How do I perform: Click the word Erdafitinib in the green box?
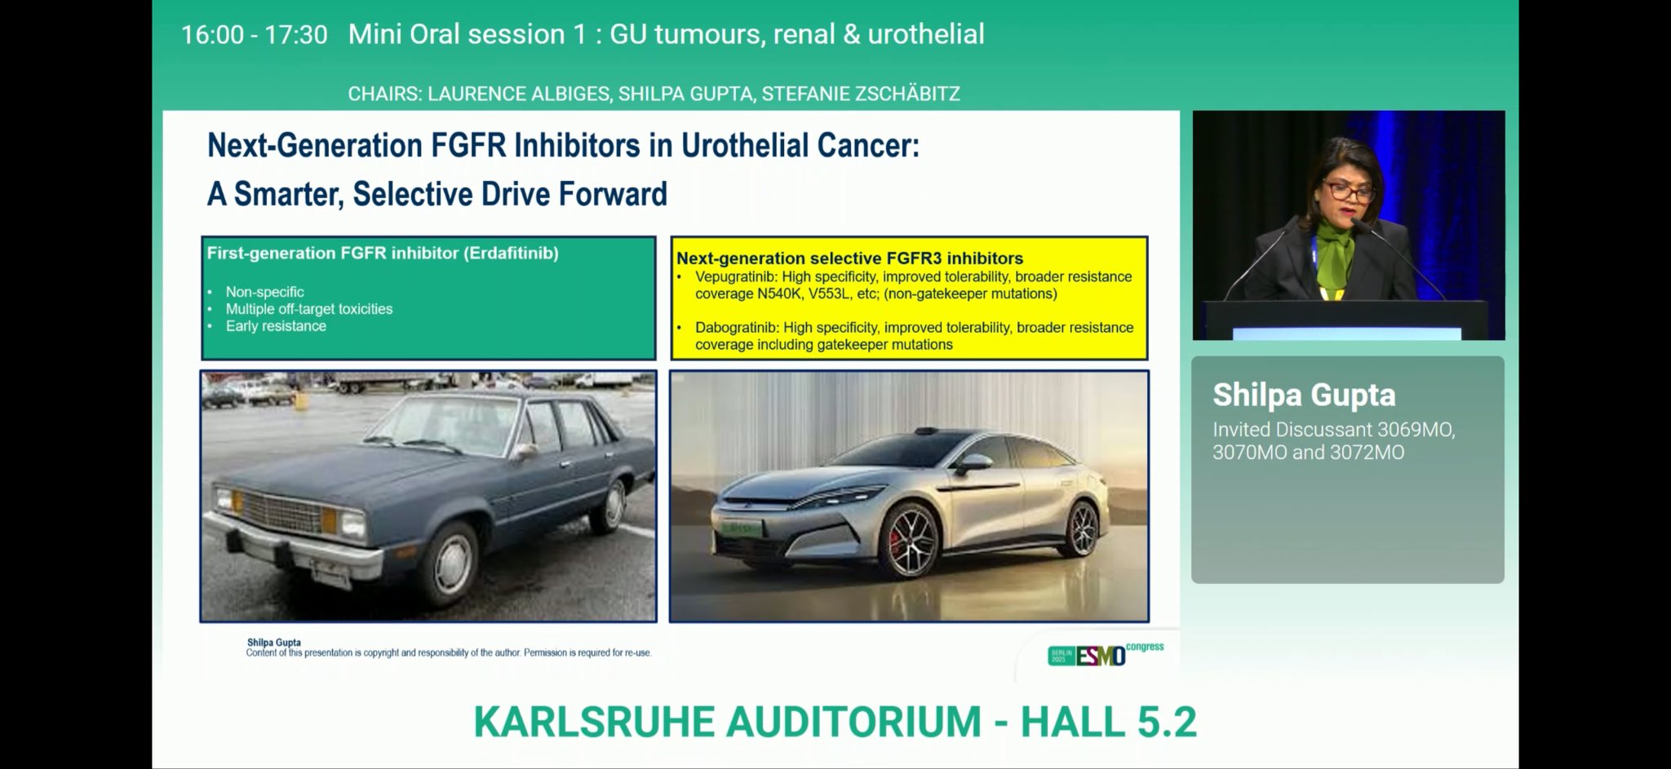point(512,254)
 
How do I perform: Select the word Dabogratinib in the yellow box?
point(737,327)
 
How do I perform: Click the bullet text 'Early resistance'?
point(276,326)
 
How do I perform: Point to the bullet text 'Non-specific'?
point(264,292)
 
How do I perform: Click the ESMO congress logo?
point(1106,654)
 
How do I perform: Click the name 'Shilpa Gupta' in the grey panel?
point(1304,395)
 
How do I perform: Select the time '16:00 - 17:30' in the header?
point(254,34)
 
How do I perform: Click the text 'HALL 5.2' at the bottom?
point(1109,722)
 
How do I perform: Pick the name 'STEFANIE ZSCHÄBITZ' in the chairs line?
point(861,94)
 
